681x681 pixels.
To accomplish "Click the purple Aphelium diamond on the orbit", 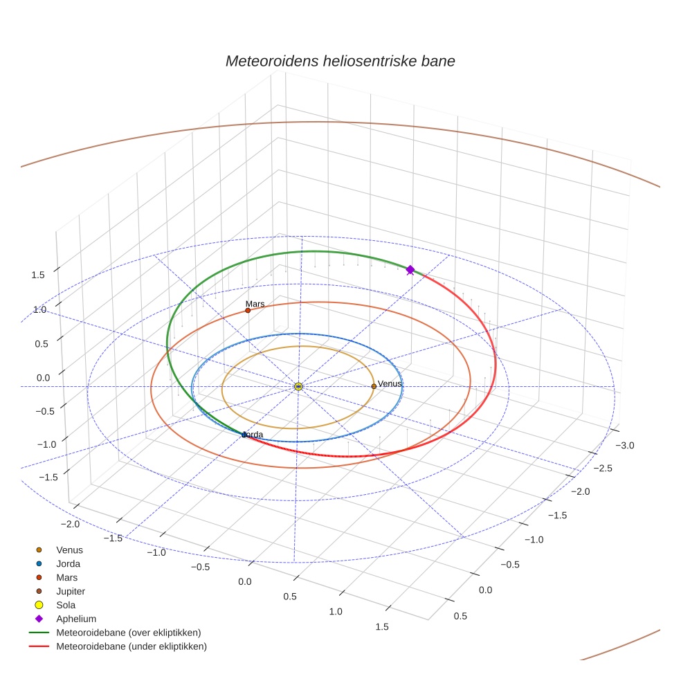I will (410, 270).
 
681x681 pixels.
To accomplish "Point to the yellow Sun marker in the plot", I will (298, 386).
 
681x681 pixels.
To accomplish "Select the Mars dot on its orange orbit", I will (248, 310).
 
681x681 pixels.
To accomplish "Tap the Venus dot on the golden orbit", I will (374, 386).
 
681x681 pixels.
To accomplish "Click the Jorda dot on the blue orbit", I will (244, 435).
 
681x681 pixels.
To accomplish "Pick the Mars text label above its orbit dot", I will (255, 304).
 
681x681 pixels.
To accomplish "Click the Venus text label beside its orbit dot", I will (389, 384).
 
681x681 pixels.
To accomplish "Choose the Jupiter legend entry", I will (71, 591).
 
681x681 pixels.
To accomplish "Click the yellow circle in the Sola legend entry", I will (39, 605).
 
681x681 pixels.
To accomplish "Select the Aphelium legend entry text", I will (76, 619).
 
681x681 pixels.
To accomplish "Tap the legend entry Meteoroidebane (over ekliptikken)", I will (128, 633).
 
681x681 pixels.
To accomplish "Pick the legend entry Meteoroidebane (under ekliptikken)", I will (131, 646).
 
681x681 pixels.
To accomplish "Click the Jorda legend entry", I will (68, 563).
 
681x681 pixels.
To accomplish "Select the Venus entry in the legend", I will (69, 550).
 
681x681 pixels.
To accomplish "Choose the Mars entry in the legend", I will (66, 577).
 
